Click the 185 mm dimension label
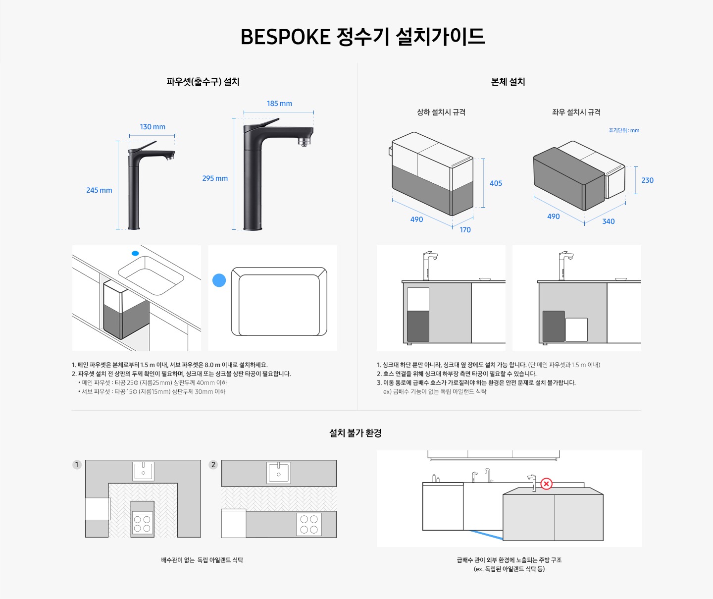point(279,104)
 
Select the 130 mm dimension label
point(153,127)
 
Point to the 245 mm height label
point(99,190)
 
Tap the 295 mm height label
point(215,178)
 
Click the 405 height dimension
point(496,183)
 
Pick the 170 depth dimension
point(465,230)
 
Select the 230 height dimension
point(647,180)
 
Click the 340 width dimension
point(608,221)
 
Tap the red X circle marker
point(546,484)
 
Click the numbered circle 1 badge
point(77,465)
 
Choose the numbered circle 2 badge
point(213,465)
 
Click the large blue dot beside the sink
point(219,280)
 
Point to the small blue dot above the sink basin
point(135,253)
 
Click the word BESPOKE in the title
point(285,37)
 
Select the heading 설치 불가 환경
point(356,433)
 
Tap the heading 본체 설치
point(508,82)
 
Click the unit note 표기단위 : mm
point(624,130)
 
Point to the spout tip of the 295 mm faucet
point(304,143)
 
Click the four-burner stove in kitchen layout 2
point(309,524)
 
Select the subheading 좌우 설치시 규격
point(576,112)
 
